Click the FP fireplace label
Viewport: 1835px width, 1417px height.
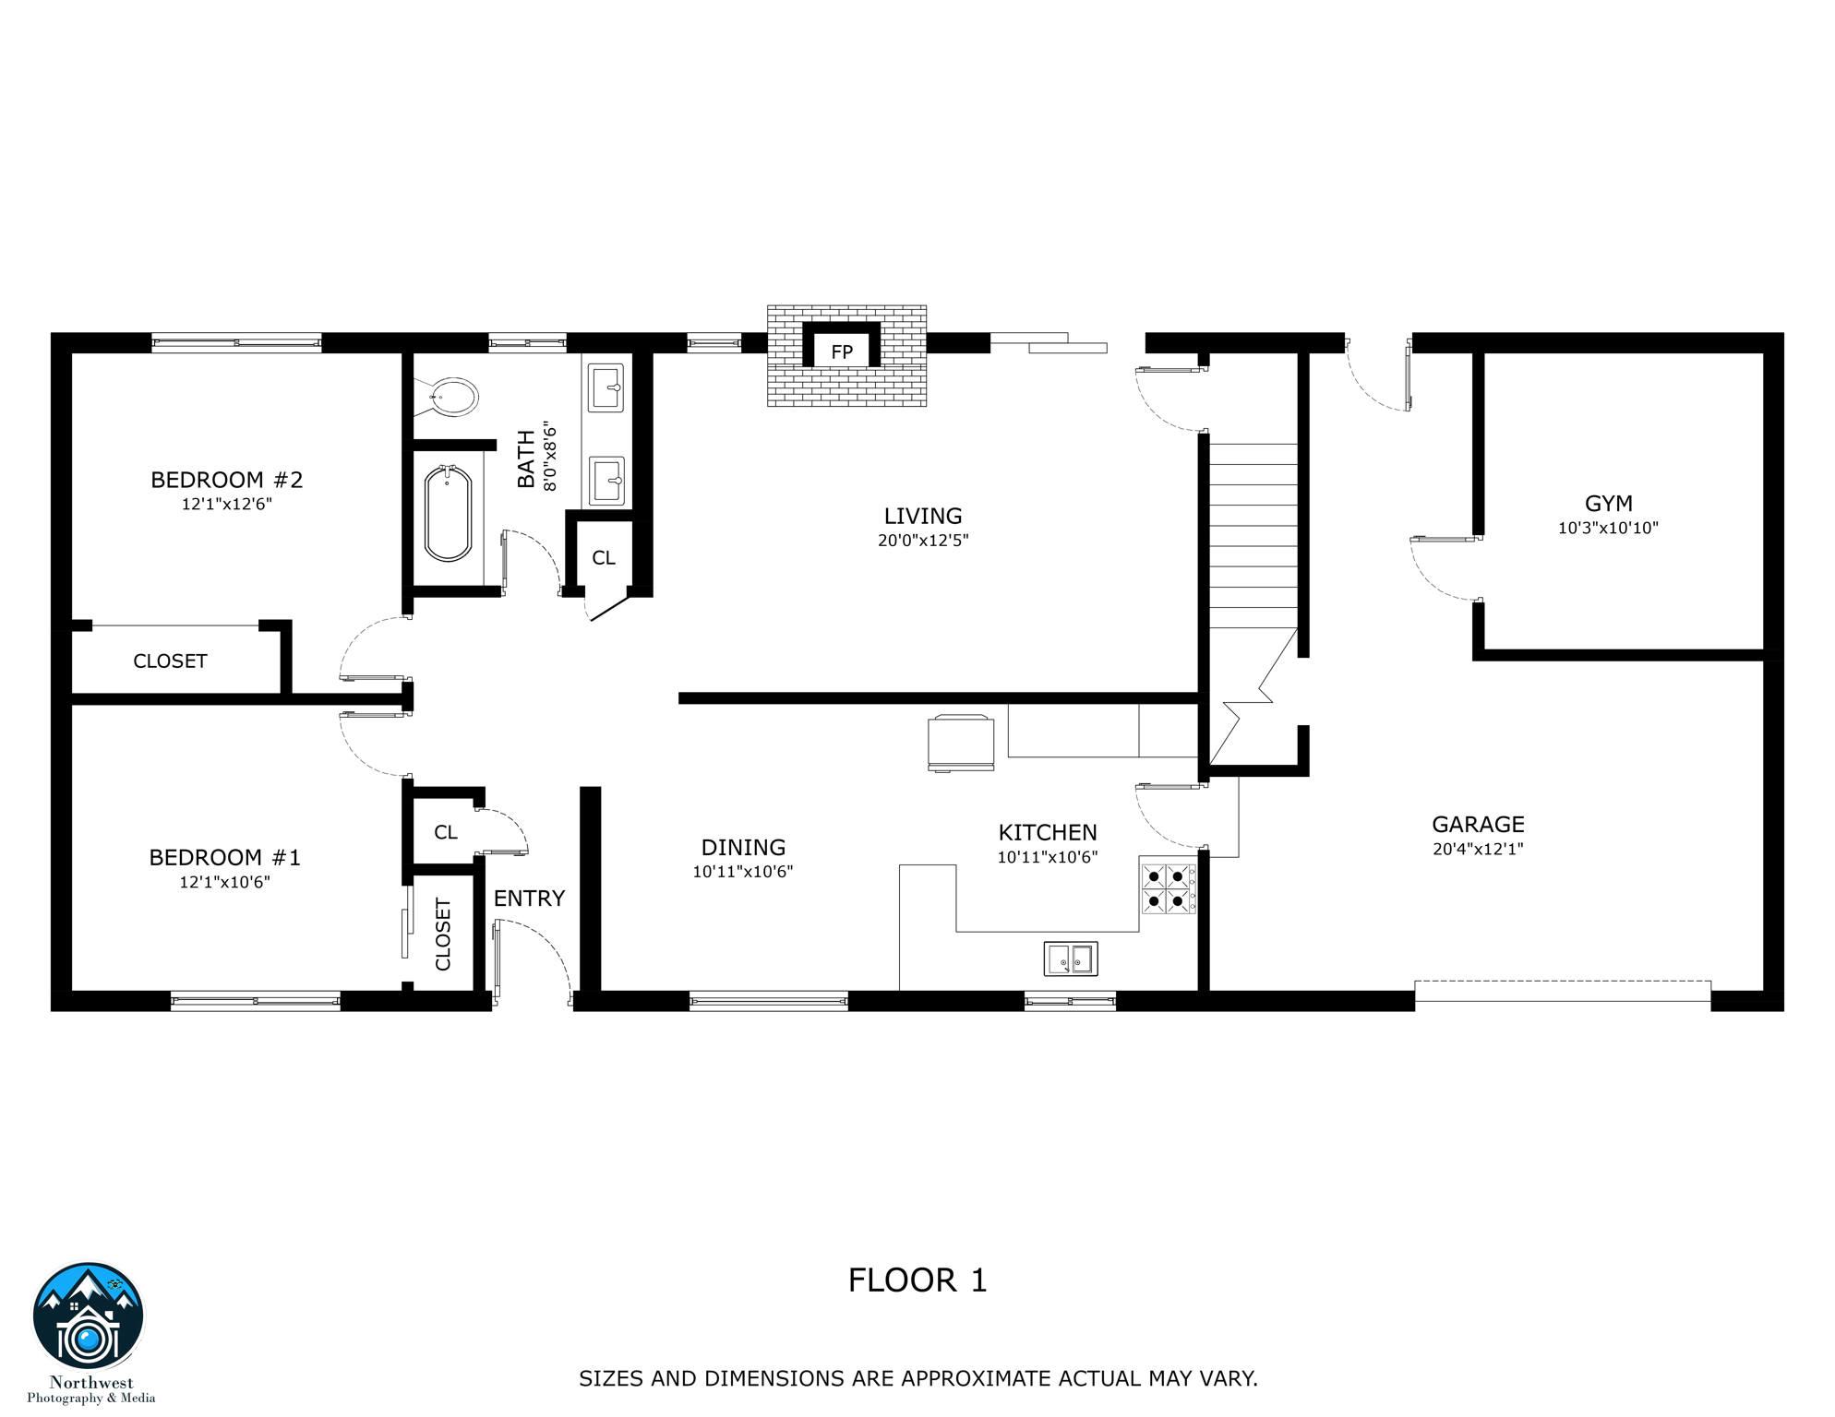pos(841,351)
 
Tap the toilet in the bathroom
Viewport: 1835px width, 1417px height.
pos(453,398)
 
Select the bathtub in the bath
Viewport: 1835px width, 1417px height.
pos(448,514)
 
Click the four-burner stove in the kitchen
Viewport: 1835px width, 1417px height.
pos(1167,888)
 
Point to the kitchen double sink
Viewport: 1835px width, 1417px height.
pos(1071,959)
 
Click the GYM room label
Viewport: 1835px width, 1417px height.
pos(1608,504)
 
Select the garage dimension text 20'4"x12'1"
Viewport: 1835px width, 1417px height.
pos(1478,849)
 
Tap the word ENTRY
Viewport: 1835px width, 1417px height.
pos(529,899)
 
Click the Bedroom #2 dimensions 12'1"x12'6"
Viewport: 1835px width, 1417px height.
pos(226,504)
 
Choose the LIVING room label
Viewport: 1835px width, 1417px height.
pos(922,517)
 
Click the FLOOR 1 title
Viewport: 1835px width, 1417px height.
pos(917,1280)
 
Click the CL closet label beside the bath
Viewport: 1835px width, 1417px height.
pos(604,558)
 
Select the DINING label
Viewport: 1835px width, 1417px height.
pos(743,848)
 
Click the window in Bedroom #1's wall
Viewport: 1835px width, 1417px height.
pos(256,1001)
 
